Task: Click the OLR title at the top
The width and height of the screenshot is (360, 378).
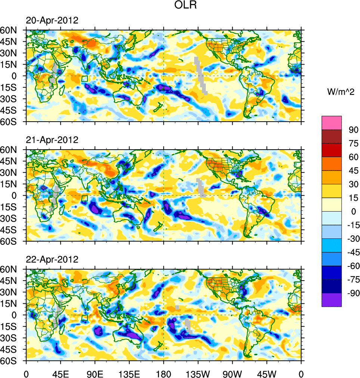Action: pos(186,5)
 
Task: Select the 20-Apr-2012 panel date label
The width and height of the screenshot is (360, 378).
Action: pos(52,21)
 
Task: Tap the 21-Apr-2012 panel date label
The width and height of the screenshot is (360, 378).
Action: pos(52,140)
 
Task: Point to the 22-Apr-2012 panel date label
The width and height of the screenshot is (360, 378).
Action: pos(52,259)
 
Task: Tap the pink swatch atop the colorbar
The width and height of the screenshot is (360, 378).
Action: pos(332,123)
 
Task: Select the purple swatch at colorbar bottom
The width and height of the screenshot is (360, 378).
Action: pos(332,300)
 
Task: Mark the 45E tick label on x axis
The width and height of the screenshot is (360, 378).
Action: pos(60,373)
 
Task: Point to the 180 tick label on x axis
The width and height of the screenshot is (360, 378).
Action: pos(164,373)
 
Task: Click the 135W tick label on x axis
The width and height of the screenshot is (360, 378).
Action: pos(198,373)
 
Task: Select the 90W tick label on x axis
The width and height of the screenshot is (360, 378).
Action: pos(232,373)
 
